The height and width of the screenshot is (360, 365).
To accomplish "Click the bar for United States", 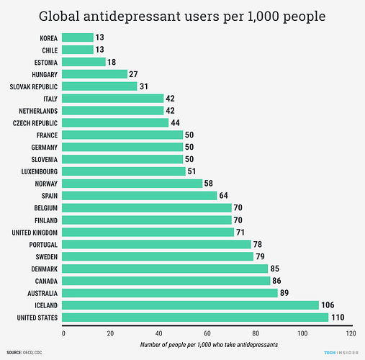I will [x=195, y=318].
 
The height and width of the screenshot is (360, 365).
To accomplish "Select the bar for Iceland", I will [x=191, y=305].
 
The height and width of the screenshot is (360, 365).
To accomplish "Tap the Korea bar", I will [x=78, y=37].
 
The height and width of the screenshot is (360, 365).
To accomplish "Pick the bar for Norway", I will [x=132, y=184].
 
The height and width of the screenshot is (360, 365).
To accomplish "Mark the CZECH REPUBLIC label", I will [x=35, y=122].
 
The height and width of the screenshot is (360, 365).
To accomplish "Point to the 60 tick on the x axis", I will [x=207, y=333].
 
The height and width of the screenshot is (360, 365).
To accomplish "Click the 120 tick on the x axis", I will [x=350, y=333].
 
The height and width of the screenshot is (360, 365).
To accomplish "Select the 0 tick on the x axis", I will [x=63, y=333].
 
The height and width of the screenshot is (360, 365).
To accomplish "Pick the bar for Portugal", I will [x=156, y=244].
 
